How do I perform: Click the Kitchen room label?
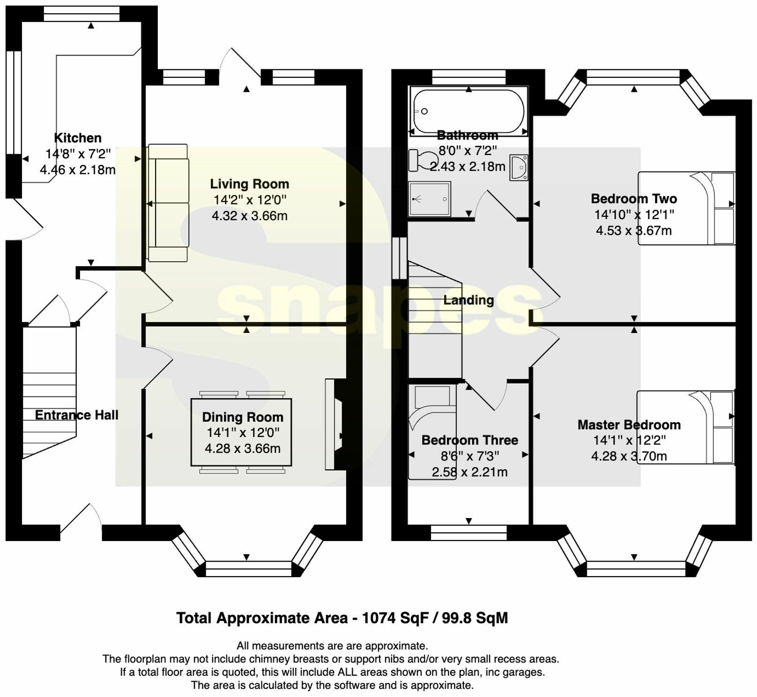[x=78, y=138]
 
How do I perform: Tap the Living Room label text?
[x=249, y=184]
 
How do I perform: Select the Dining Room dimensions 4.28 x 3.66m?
[x=243, y=449]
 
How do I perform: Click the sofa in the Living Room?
[x=168, y=202]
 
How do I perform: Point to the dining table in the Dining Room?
[x=242, y=432]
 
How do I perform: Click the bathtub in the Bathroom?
[x=468, y=111]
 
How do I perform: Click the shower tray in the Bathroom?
[x=429, y=199]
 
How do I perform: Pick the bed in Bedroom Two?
[x=686, y=208]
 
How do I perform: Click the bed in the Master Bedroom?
[x=685, y=427]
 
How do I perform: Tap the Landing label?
[x=468, y=300]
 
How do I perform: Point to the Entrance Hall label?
[x=77, y=415]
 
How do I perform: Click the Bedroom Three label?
[x=469, y=440]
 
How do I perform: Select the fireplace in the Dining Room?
[x=334, y=424]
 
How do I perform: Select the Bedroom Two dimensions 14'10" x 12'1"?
[x=634, y=215]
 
